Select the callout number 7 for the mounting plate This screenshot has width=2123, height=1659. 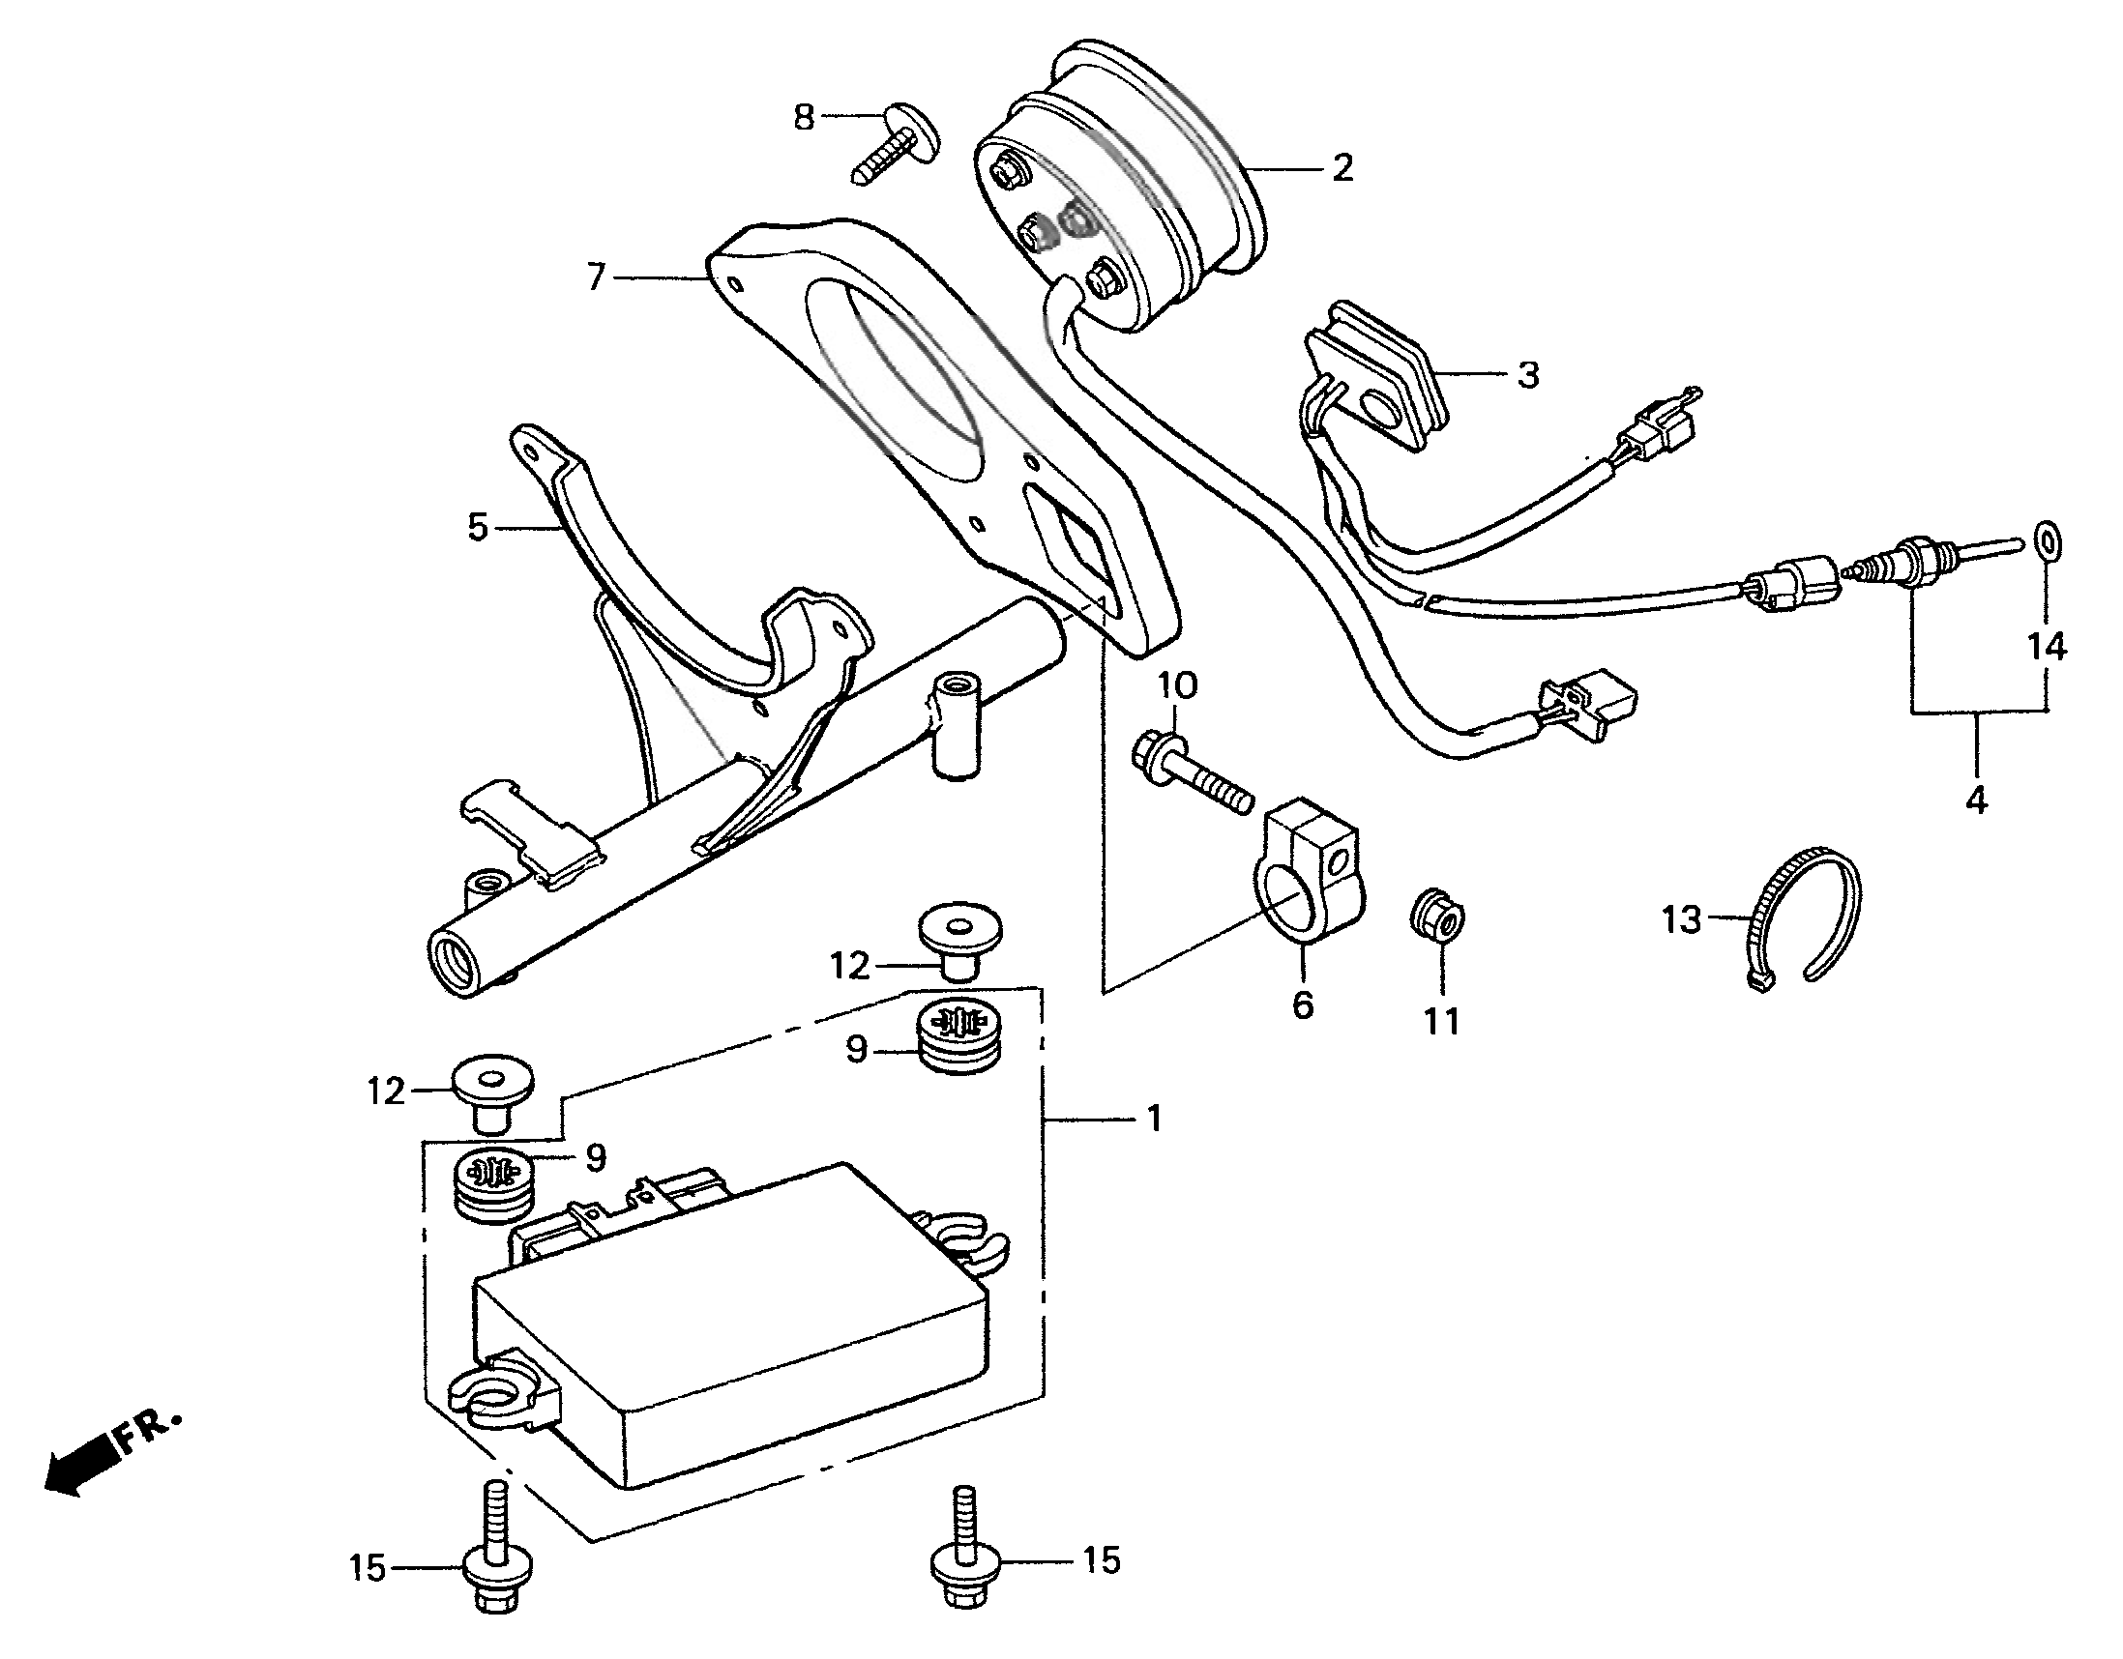coord(597,278)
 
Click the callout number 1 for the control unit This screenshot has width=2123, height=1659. coord(1153,1120)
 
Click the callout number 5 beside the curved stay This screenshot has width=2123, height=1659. coord(476,528)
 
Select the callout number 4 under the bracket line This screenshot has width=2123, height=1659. coord(1976,800)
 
